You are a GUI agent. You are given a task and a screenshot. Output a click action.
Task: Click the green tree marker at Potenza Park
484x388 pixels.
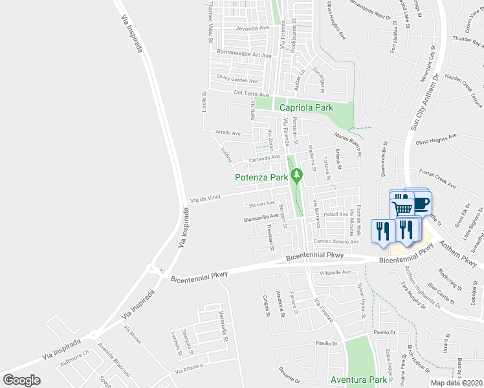click(x=297, y=175)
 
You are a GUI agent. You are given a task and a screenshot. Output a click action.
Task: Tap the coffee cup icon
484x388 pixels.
click(x=421, y=202)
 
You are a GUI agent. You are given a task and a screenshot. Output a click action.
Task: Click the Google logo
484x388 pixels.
click(x=21, y=380)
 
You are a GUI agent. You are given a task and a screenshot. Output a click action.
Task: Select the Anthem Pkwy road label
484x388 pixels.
click(x=458, y=255)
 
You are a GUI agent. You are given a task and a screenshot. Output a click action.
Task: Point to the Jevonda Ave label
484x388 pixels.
click(x=252, y=28)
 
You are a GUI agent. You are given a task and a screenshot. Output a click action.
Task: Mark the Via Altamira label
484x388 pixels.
click(x=188, y=369)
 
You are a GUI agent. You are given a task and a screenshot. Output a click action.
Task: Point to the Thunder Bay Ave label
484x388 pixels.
click(x=468, y=39)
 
